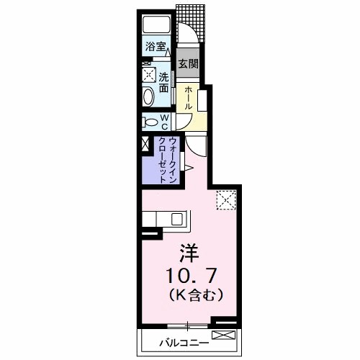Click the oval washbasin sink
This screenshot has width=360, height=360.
[x=148, y=96]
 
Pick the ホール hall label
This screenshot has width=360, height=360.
[x=187, y=98]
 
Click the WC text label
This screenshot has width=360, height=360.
[x=165, y=122]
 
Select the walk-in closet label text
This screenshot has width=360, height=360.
[x=168, y=159]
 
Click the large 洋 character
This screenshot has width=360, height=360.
[x=189, y=254]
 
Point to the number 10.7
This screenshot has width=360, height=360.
[x=191, y=274]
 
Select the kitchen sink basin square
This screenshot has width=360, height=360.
[x=178, y=218]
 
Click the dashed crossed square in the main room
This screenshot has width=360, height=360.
[x=227, y=199]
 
